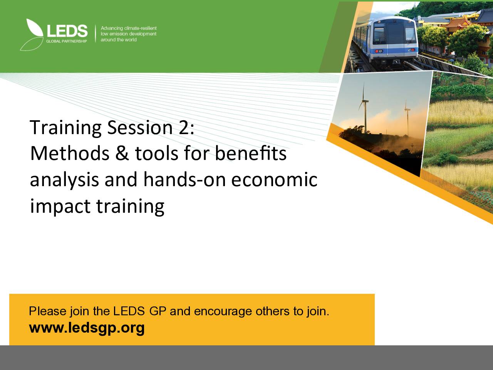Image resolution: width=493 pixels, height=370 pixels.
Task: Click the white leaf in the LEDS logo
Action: [x=34, y=28]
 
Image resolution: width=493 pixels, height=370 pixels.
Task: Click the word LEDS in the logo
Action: [x=67, y=31]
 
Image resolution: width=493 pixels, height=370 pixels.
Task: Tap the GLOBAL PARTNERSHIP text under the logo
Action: [x=67, y=41]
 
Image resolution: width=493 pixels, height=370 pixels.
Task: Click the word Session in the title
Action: [x=140, y=127]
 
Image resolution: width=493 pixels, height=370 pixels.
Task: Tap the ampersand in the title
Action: [x=122, y=153]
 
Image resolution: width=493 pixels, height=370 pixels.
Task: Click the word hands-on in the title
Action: [x=184, y=179]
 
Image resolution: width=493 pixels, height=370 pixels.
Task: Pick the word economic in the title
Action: [x=274, y=180]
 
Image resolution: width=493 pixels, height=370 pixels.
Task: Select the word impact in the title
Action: [x=60, y=206]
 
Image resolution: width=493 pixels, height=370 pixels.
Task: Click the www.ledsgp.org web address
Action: [x=87, y=328]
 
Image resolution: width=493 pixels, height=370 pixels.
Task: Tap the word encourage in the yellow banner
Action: [x=223, y=311]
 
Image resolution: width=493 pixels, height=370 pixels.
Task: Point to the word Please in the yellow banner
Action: [x=48, y=311]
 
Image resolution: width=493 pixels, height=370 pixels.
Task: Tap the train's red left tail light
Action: [x=377, y=51]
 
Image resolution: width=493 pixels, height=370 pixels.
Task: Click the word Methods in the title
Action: [x=70, y=153]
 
